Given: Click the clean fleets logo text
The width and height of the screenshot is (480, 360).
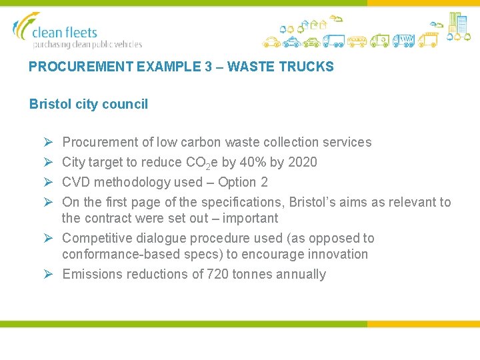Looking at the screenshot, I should tap(65, 33).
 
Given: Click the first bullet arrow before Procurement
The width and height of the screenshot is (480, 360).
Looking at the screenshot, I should tap(48, 142).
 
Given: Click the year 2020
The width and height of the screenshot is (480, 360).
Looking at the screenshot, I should tap(303, 162).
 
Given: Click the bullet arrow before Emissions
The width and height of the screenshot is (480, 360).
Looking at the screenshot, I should tap(48, 274).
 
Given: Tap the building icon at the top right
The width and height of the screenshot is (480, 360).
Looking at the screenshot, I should tap(457, 23).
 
